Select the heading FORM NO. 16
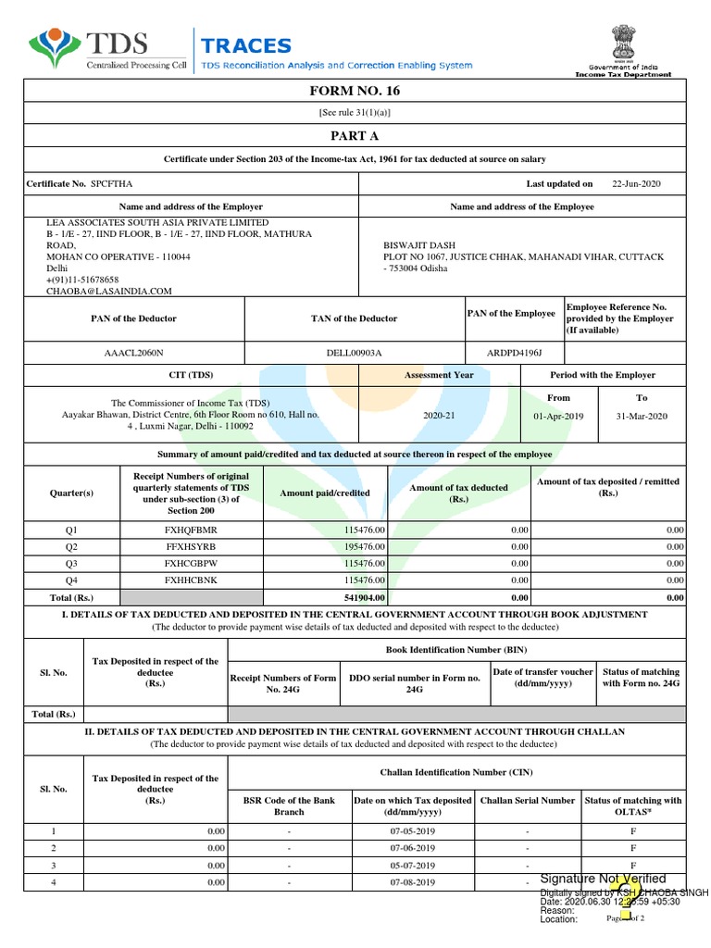[x=355, y=91]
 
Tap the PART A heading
[x=355, y=135]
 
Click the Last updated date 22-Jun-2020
[x=637, y=184]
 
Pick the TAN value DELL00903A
[x=352, y=353]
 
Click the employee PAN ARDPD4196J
[x=514, y=353]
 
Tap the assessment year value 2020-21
[x=439, y=417]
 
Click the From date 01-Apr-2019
[x=559, y=417]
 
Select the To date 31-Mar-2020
[x=642, y=417]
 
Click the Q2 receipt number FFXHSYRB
[x=190, y=546]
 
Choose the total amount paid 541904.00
[x=364, y=598]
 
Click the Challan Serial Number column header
[x=528, y=800]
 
